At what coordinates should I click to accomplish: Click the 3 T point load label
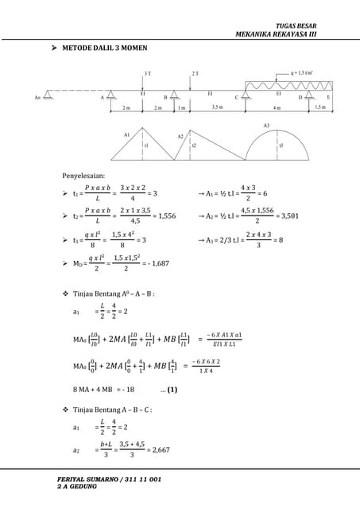tap(148, 73)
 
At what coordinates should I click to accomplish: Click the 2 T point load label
tap(195, 73)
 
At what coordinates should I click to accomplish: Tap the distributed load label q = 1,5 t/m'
tap(301, 72)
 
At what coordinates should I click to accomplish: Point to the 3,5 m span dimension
tap(216, 107)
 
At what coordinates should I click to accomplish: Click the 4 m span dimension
tap(277, 107)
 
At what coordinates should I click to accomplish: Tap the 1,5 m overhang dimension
tap(319, 107)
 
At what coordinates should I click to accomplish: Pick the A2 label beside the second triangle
tap(181, 137)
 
